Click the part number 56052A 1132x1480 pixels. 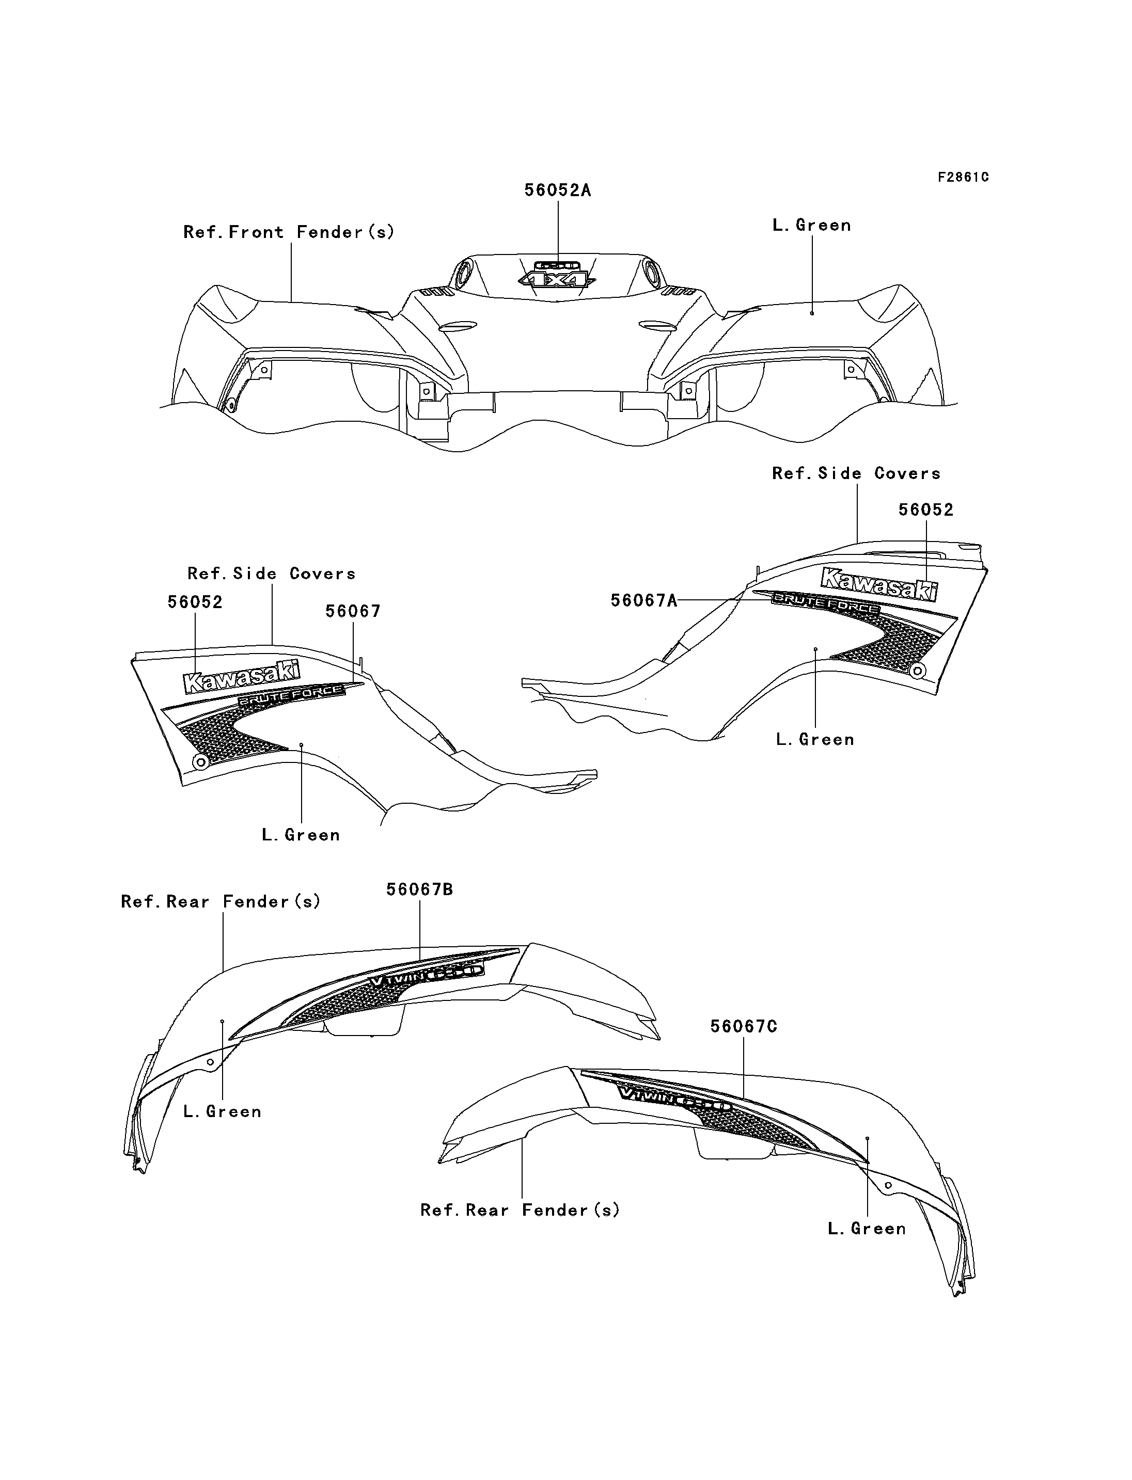(557, 190)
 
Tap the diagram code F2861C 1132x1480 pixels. (963, 177)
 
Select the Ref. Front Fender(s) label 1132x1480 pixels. (288, 232)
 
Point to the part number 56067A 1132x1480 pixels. (643, 600)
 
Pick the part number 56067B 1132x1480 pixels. (419, 889)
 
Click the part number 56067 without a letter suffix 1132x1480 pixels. (353, 611)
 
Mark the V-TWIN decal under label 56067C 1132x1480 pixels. (674, 1101)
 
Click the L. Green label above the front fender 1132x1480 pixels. (811, 225)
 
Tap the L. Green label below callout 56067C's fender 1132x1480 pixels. (867, 1229)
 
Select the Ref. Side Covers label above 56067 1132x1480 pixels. (272, 574)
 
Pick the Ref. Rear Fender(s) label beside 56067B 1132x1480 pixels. (221, 901)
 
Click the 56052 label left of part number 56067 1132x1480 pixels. (195, 602)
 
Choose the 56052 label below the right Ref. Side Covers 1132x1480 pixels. (926, 510)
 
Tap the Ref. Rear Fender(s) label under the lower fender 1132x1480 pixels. (520, 1211)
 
